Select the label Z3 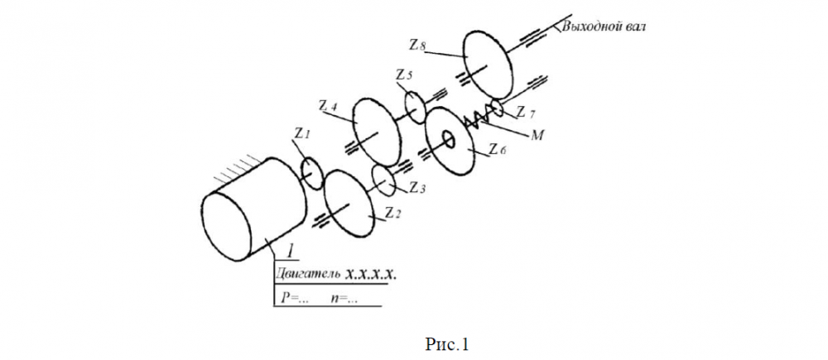click(417, 190)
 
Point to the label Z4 click(327, 106)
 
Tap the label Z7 click(525, 112)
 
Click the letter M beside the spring click(536, 133)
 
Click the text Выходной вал click(603, 26)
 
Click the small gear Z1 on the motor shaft click(310, 172)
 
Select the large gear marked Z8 click(485, 59)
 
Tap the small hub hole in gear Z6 click(449, 140)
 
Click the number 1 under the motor click(291, 250)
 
